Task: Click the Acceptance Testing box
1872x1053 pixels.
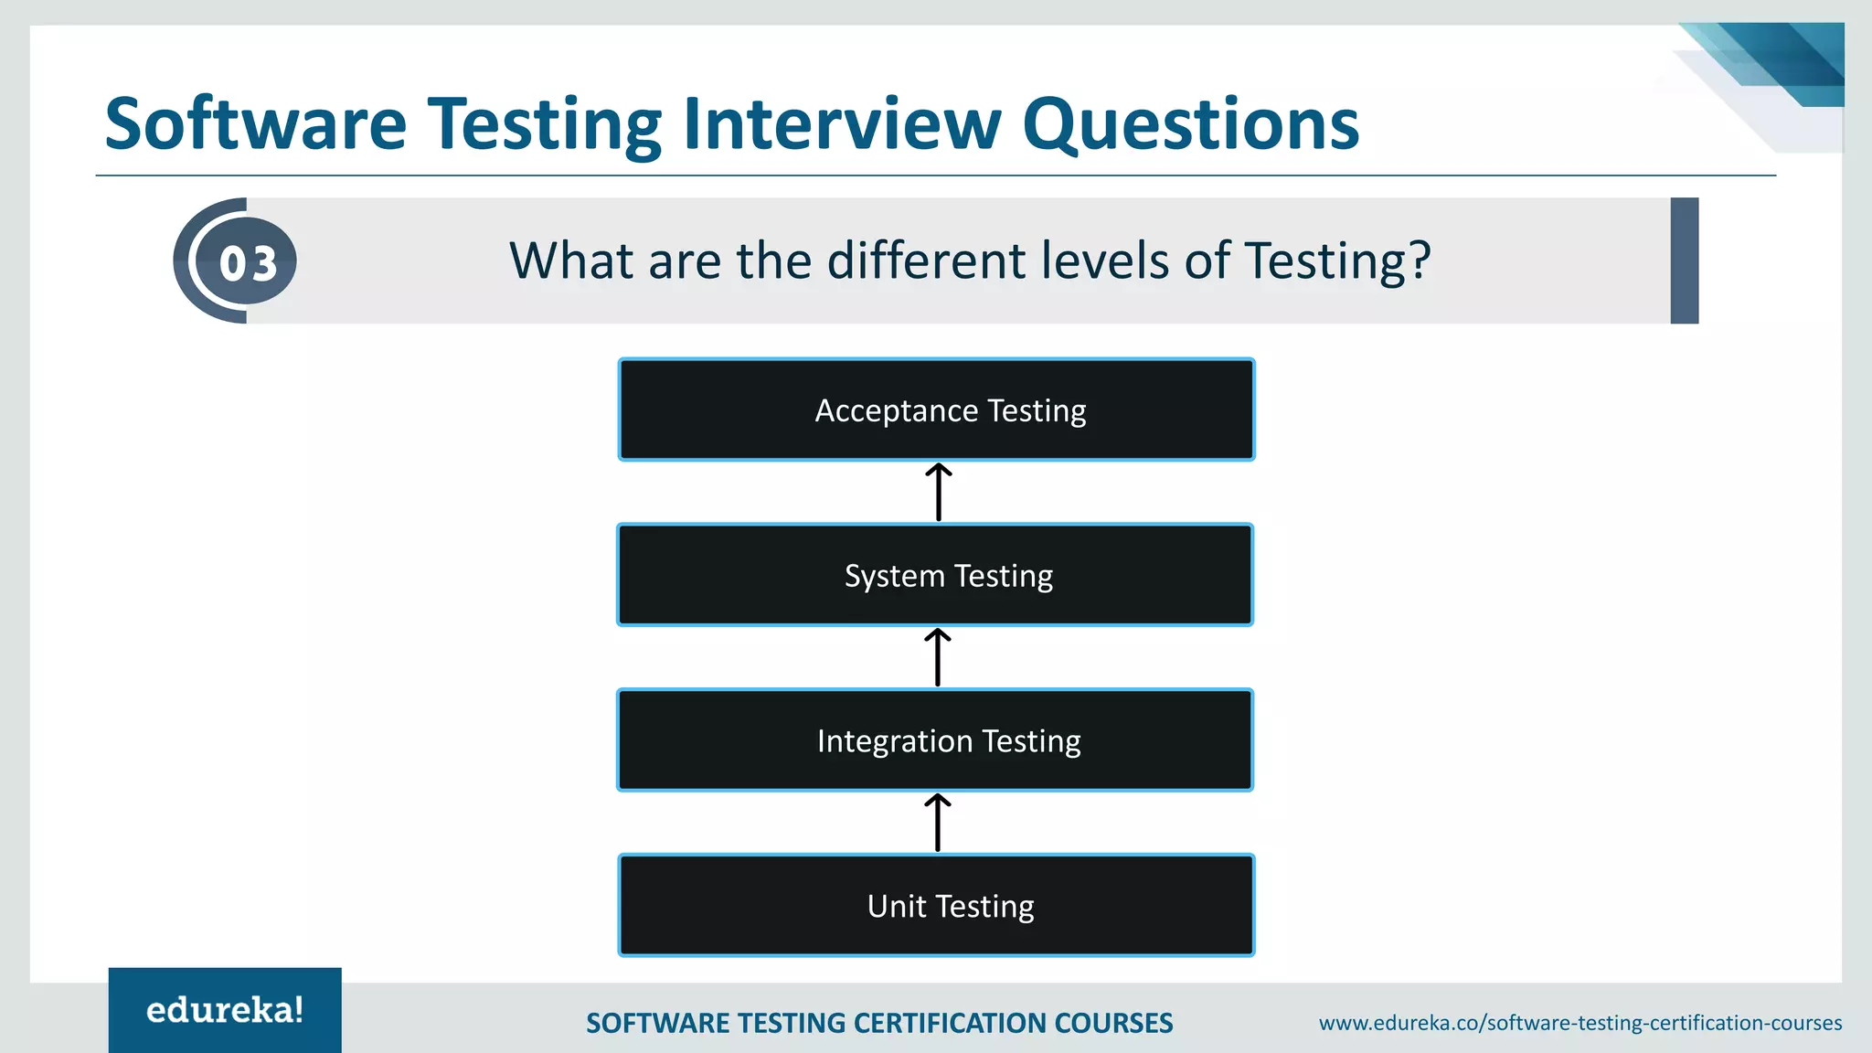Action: coord(936,409)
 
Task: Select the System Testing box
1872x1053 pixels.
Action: coord(935,575)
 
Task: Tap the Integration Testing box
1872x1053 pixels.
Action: coord(935,740)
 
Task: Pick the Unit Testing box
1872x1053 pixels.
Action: coord(936,906)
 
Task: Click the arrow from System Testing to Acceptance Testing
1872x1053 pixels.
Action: coord(939,493)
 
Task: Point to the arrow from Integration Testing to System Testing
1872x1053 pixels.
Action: coord(938,657)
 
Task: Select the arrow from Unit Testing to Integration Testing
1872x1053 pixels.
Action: coord(938,823)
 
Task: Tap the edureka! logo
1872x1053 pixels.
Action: coord(225,1010)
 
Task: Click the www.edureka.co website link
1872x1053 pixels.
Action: coord(1579,1023)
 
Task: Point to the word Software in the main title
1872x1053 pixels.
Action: coord(256,124)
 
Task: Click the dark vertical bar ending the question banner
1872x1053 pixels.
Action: coord(1684,261)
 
